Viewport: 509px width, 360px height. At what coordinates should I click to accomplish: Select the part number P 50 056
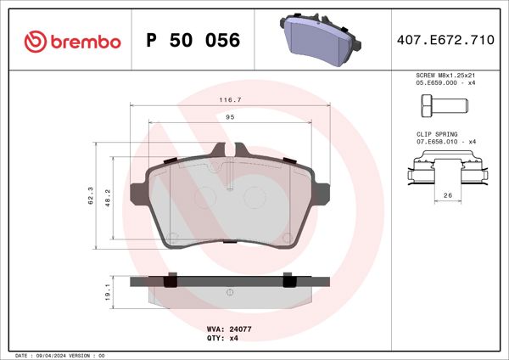(x=193, y=41)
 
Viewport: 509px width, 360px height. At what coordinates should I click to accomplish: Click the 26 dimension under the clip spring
(x=446, y=196)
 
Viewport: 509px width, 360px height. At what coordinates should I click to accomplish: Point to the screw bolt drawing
(x=441, y=107)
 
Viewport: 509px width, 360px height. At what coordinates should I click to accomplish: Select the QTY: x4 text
(x=223, y=338)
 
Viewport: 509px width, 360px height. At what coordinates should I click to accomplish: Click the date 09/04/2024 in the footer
(x=58, y=354)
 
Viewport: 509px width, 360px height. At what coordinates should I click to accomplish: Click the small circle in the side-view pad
(x=230, y=292)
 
